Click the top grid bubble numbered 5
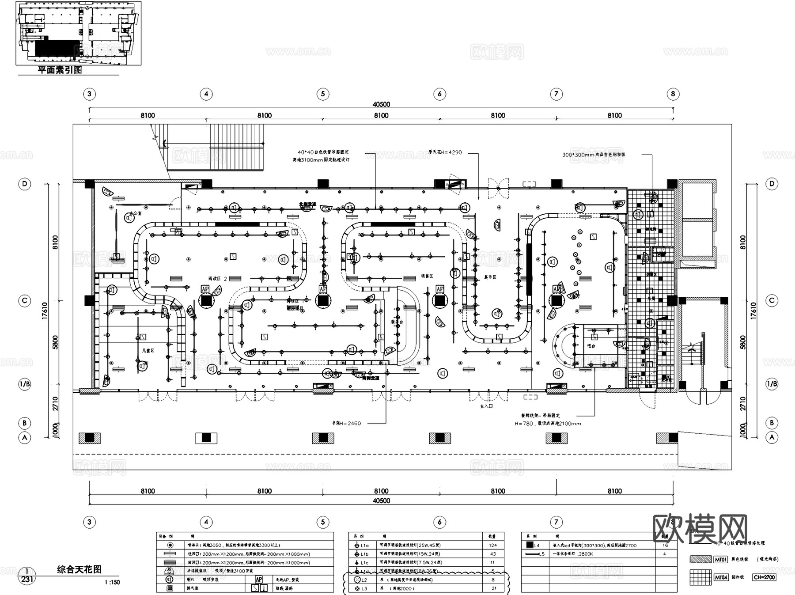pyautogui.click(x=323, y=94)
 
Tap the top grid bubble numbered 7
pyautogui.click(x=556, y=94)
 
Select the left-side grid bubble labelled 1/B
pyautogui.click(x=25, y=384)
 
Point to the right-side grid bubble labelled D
pyautogui.click(x=772, y=184)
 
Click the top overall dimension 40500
pyautogui.click(x=381, y=104)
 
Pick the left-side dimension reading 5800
pyautogui.click(x=55, y=342)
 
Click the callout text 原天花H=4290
pyautogui.click(x=445, y=152)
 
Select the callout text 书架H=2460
pyautogui.click(x=346, y=423)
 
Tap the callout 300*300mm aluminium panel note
pyautogui.click(x=594, y=155)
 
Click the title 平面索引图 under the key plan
pyautogui.click(x=60, y=70)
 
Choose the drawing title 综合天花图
pyautogui.click(x=79, y=569)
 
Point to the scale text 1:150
pyautogui.click(x=112, y=582)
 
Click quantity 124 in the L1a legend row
pyautogui.click(x=492, y=545)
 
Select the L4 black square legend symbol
pyautogui.click(x=530, y=545)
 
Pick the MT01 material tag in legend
pyautogui.click(x=720, y=560)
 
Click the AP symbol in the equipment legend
pyautogui.click(x=259, y=579)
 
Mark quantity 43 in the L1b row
pyautogui.click(x=492, y=553)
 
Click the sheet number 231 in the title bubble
pyautogui.click(x=27, y=580)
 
